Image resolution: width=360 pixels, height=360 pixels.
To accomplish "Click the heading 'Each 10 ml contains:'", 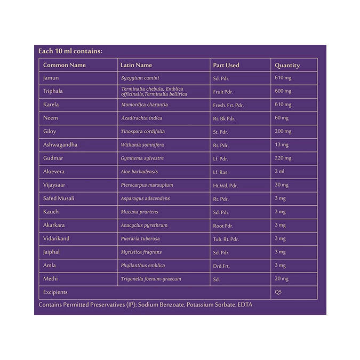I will pos(70,51).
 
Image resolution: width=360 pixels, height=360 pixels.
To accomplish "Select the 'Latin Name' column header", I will pos(136,65).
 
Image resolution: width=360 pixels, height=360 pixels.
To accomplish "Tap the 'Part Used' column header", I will pos(226,65).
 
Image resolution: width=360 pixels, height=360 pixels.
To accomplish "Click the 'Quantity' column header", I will pos(287,65).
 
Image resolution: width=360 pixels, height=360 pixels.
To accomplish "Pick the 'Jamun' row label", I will pos(51,78).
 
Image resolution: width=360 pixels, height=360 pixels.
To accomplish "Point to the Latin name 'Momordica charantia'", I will pos(144,105).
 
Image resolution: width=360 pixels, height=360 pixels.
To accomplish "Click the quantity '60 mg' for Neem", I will pos(282,118).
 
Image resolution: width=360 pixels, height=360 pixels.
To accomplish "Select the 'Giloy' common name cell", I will pos(50,132).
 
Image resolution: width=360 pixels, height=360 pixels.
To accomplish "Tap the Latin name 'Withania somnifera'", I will pos(142,145).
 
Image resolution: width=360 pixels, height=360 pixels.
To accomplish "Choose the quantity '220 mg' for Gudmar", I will pos(283,158).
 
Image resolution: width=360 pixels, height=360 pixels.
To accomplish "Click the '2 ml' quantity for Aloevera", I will pos(280,172).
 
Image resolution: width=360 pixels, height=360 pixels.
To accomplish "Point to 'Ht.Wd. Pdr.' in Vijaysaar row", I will pos(226,185).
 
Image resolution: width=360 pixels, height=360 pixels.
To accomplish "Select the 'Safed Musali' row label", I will pos(59,198).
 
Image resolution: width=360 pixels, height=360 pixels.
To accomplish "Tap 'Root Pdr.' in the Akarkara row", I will pos(223,225).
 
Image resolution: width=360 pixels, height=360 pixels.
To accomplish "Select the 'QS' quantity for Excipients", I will pos(278,292).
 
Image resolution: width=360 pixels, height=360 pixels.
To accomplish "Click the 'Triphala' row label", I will pos(53,91).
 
